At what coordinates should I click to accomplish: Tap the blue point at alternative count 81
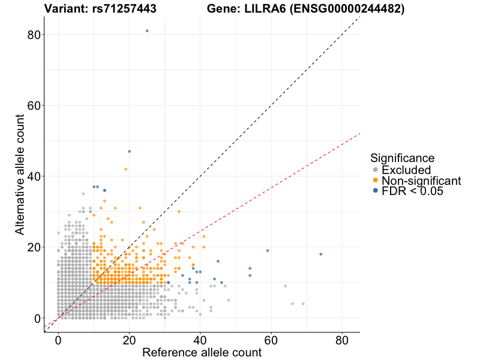click(147, 31)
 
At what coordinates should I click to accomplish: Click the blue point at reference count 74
click(321, 254)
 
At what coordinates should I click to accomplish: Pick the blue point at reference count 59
click(268, 251)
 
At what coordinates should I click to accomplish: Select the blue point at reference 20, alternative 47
click(129, 151)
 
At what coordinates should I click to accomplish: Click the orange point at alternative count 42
click(125, 169)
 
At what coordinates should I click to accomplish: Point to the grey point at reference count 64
click(286, 286)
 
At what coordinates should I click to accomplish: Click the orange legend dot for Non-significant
click(376, 181)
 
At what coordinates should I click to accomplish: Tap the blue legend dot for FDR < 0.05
click(376, 191)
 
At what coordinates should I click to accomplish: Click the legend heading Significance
click(402, 158)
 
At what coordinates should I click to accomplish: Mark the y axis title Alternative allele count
click(20, 176)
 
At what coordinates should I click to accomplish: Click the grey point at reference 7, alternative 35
click(83, 194)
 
